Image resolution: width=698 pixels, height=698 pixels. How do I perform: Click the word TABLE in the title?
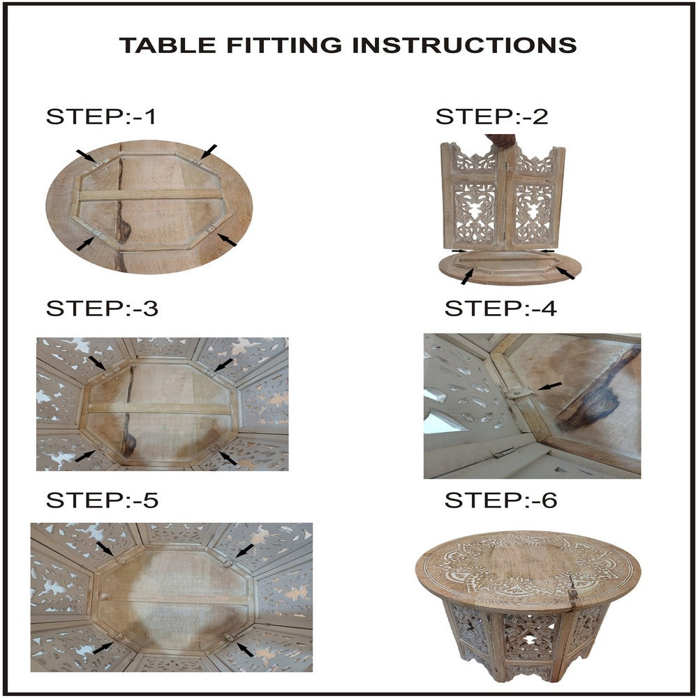point(168,45)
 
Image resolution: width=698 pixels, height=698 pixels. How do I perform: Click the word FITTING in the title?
point(285,45)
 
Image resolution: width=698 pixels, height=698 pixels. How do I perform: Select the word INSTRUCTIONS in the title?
point(465,45)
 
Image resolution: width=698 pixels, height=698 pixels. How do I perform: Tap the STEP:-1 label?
point(101,117)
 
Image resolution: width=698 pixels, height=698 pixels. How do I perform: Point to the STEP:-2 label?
point(492,117)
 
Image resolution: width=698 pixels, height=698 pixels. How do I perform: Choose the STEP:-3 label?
point(102,308)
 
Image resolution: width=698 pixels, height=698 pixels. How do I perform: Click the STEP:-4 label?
point(500,308)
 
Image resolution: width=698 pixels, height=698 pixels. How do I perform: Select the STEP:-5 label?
point(102,500)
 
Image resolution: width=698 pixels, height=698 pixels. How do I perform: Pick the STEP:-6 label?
point(500,500)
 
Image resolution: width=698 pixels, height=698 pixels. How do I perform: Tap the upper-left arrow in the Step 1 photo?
point(85,156)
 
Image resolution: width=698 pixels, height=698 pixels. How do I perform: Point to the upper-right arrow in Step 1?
point(208,151)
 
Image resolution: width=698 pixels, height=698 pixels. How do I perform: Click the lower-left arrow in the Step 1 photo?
point(85,244)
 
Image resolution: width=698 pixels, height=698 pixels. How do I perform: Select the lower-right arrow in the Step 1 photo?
point(227,240)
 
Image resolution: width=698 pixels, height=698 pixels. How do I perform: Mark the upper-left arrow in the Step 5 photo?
point(105,549)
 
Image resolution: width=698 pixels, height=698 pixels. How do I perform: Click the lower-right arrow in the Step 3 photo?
point(228,458)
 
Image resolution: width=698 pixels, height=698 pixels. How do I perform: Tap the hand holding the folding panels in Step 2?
point(501,141)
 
